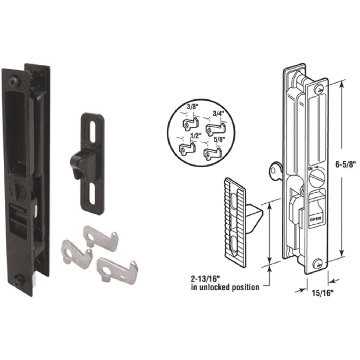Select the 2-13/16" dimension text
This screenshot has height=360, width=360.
[210, 278]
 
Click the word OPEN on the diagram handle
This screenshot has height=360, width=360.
[315, 219]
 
